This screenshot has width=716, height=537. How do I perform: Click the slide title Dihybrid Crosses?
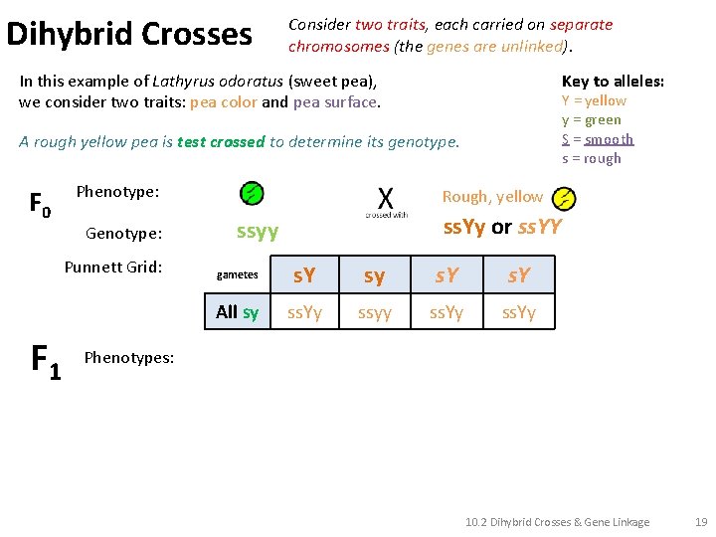129,34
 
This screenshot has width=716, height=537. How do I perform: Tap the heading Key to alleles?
613,82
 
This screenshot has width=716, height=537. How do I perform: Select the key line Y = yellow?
594,100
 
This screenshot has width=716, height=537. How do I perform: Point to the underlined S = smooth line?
598,139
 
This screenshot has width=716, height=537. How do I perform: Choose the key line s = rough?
591,158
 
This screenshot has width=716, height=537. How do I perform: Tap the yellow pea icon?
564,198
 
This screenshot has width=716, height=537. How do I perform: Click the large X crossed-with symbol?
386,196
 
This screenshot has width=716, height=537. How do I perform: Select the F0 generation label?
40,206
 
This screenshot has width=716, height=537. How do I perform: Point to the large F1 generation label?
46,360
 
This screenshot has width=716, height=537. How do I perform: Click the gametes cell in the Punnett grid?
238,275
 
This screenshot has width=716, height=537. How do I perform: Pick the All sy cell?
238,312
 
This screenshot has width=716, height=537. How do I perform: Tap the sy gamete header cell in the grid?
374,275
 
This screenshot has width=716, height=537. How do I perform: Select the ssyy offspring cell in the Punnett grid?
374,313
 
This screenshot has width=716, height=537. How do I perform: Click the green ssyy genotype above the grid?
258,232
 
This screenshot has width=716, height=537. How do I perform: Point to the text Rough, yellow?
492,197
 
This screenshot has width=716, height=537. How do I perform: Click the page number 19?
701,522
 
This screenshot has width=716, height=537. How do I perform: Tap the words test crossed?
221,141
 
